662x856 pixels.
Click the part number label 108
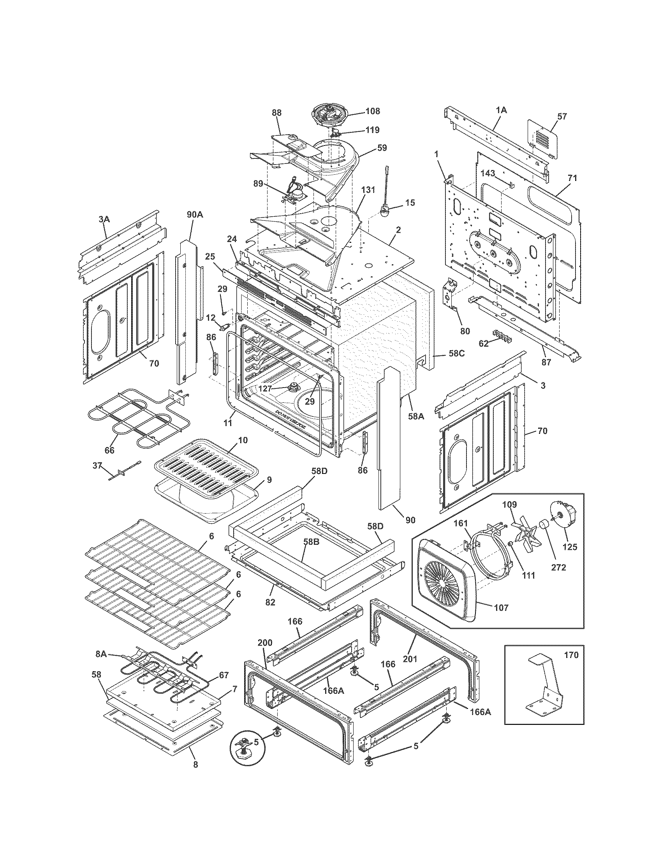point(372,111)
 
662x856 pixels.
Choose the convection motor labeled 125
point(567,517)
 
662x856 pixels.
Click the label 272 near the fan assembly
point(558,567)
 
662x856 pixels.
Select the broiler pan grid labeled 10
point(206,470)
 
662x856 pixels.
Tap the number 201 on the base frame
point(410,659)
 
